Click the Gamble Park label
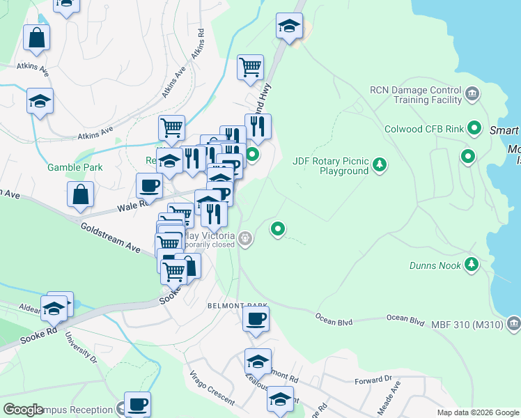75,167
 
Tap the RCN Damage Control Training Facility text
416,95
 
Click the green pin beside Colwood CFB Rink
475,128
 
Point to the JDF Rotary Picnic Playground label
330,166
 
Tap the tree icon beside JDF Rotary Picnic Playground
380,165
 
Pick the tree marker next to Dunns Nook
472,264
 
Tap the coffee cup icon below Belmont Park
256,320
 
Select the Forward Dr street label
373,380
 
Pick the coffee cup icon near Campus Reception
137,404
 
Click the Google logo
23,410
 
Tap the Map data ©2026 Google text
477,412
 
